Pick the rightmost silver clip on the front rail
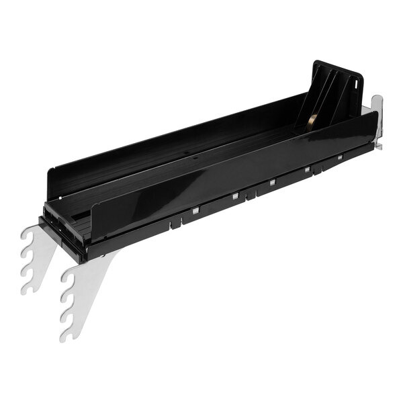[x=341, y=157]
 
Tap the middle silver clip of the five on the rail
[x=272, y=183]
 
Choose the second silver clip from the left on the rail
[x=234, y=196]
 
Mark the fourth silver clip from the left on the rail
[x=307, y=170]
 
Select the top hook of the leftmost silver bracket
[x=27, y=235]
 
